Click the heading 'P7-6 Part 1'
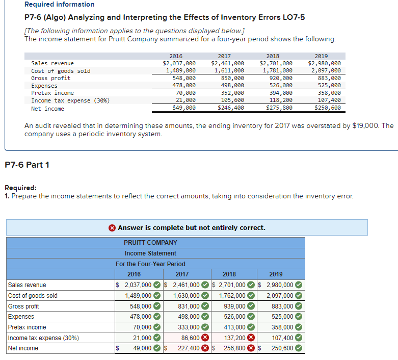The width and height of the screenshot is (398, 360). coord(27,165)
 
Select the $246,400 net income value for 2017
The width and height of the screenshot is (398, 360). coord(231,108)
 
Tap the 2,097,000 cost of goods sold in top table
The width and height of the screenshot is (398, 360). coord(325,71)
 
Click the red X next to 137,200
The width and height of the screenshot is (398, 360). coord(251,338)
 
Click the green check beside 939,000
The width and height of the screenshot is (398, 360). coord(251,306)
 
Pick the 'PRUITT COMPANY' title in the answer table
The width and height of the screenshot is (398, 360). coord(150,243)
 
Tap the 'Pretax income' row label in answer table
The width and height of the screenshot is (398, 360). coord(27,327)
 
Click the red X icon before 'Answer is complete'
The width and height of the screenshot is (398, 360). coord(112,228)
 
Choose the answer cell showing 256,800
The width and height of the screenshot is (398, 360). coord(232,348)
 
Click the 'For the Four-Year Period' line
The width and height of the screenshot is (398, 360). coord(150,264)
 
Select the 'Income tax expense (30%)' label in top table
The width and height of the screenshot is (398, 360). coord(70,100)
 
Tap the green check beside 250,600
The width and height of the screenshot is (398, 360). coord(299,348)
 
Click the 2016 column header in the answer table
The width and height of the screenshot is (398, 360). coord(134,274)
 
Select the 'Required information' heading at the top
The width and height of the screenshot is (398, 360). coord(59,5)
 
